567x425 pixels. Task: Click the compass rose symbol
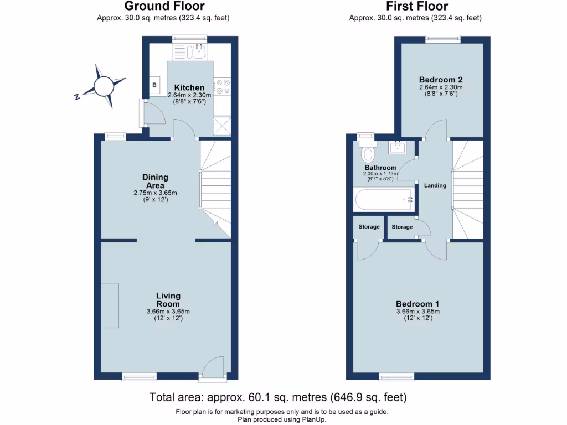tap(103, 86)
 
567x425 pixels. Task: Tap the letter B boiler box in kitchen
tap(154, 85)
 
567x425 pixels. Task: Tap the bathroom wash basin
tap(398, 148)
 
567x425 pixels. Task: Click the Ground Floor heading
tap(164, 7)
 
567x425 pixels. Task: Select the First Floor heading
tap(417, 7)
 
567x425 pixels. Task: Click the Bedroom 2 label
tap(440, 79)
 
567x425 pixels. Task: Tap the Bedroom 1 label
tap(417, 304)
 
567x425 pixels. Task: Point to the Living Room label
tap(168, 300)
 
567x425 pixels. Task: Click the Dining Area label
tap(154, 181)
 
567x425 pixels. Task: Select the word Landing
tap(435, 185)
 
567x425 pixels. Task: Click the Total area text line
tap(278, 397)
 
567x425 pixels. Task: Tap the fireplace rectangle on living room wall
tap(110, 305)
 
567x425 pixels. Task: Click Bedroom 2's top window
tap(442, 38)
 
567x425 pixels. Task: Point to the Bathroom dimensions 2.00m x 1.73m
tap(380, 174)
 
